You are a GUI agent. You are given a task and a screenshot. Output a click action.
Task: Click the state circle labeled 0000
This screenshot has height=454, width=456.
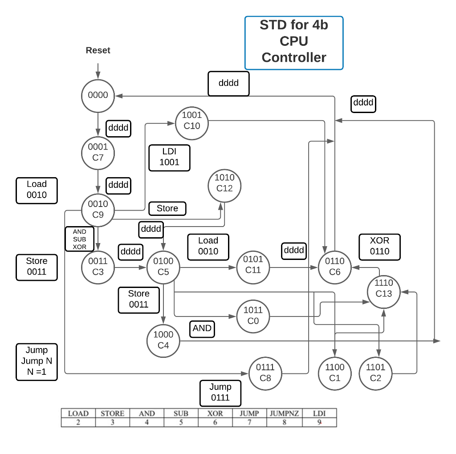(98, 95)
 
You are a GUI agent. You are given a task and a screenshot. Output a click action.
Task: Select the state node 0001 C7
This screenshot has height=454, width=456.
(98, 152)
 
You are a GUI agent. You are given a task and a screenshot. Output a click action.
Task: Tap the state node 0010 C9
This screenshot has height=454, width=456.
(98, 210)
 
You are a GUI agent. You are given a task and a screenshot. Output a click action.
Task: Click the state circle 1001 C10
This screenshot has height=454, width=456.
(192, 120)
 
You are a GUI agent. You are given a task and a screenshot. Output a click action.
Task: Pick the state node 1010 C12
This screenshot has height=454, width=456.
(224, 183)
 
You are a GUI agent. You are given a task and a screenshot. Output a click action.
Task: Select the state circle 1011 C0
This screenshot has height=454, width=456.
(253, 316)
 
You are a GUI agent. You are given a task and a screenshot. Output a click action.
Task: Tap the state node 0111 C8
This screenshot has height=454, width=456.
(265, 373)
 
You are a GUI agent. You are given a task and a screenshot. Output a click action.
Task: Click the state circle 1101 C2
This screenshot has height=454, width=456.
(375, 373)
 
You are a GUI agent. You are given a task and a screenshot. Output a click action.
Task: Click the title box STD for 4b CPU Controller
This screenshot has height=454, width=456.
(294, 43)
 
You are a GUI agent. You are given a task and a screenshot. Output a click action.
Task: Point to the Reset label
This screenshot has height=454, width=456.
(98, 50)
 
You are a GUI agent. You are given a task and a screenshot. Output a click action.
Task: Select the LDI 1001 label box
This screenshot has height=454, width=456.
(169, 157)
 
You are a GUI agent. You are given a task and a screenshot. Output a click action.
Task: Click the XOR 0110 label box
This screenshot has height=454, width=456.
(379, 246)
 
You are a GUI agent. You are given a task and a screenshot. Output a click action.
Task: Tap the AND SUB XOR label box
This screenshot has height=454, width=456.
(79, 239)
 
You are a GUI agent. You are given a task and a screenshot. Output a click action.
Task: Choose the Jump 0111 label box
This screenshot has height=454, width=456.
(220, 392)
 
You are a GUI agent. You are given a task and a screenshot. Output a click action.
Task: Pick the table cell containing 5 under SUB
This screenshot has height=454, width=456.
(181, 422)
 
